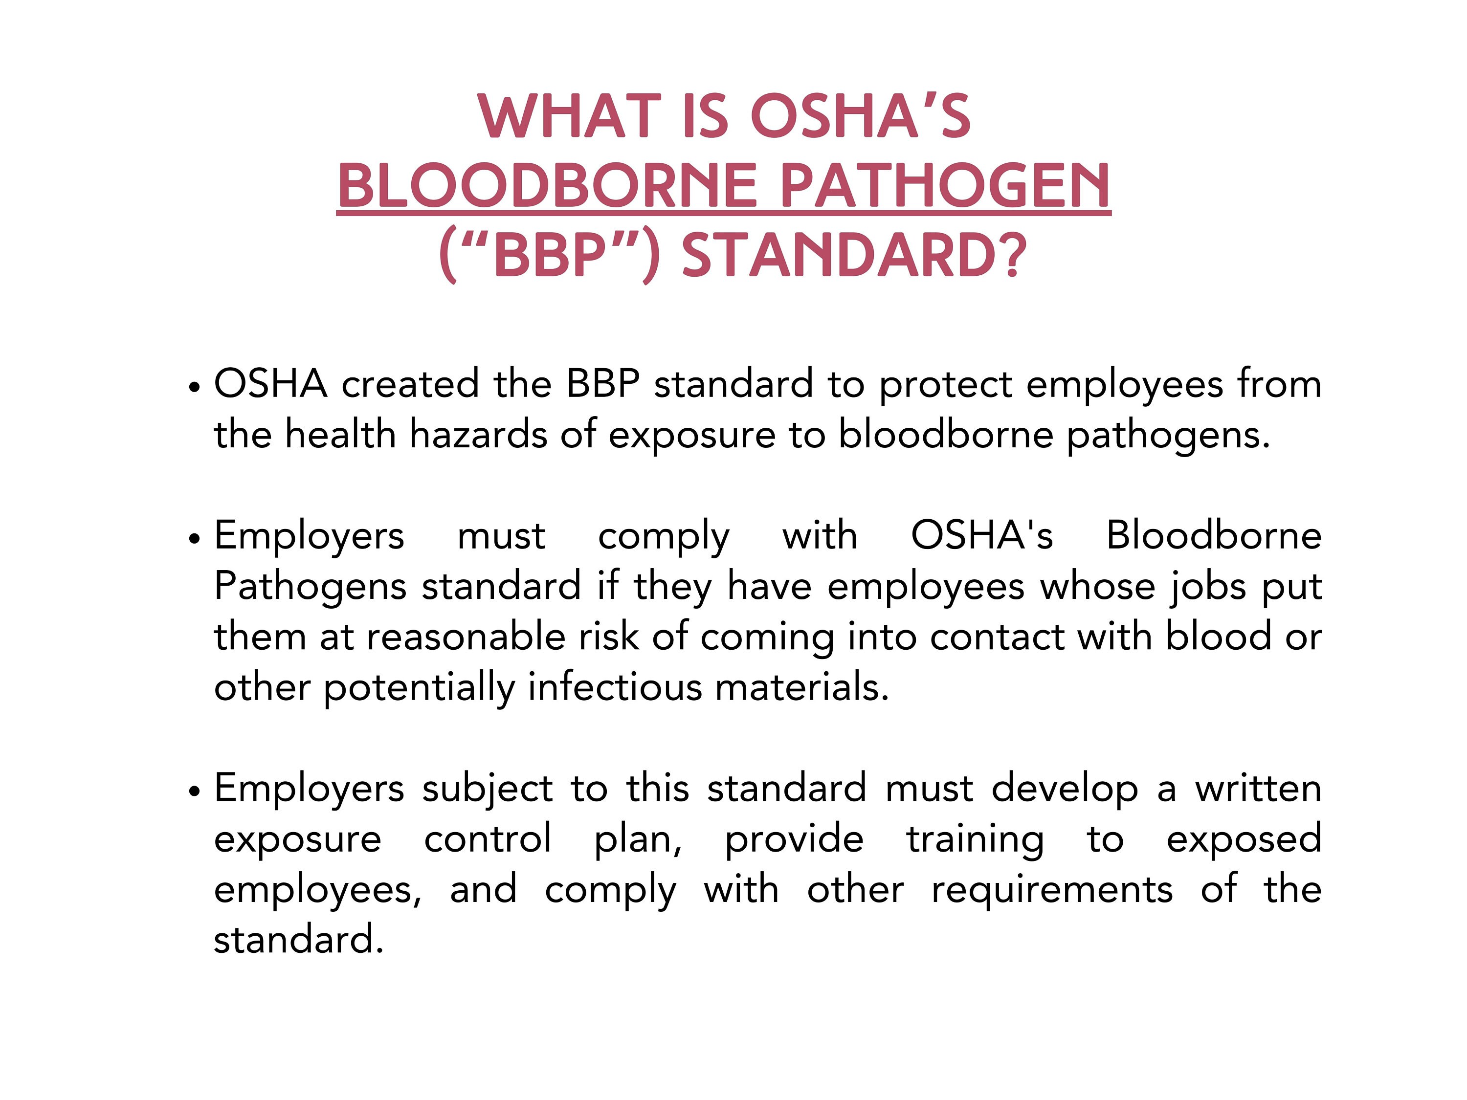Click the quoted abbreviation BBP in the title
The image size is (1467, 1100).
550,256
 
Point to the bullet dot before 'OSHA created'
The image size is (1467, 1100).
194,387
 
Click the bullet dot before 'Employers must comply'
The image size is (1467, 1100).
194,538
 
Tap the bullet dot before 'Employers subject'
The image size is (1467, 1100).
194,791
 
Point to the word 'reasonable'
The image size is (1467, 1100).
465,637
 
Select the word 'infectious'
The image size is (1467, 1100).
614,687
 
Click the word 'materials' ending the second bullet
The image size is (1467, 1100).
800,687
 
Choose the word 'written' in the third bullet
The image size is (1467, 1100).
1258,789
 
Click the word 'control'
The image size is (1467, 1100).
488,839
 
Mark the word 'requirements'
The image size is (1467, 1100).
1052,890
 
